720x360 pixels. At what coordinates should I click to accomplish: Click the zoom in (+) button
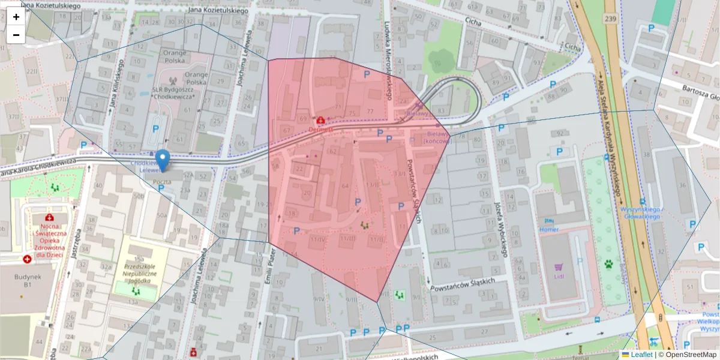pyautogui.click(x=16, y=17)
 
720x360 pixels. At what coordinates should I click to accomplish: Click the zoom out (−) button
pyautogui.click(x=16, y=35)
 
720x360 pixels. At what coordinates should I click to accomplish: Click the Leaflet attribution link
pyautogui.click(x=641, y=355)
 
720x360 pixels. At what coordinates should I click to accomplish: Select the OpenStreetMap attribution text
pyautogui.click(x=688, y=355)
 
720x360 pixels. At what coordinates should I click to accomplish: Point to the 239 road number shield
pyautogui.click(x=610, y=19)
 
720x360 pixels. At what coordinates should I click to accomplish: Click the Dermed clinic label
pyautogui.click(x=321, y=129)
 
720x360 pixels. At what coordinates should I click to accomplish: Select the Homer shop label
pyautogui.click(x=548, y=229)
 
